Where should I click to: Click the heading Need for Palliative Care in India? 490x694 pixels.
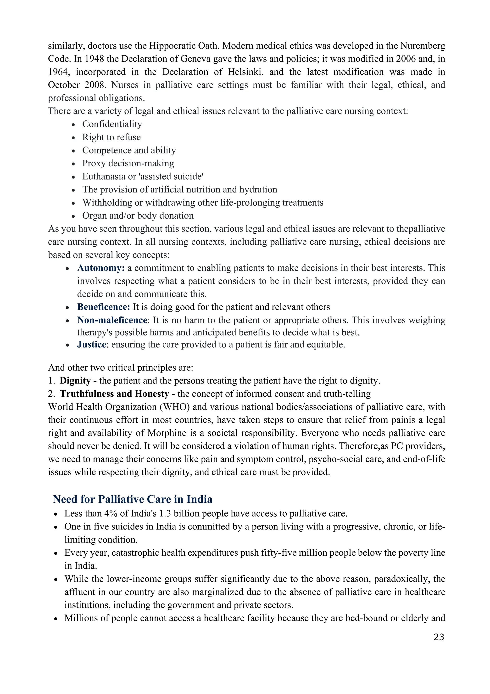132,499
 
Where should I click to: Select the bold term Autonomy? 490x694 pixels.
100,268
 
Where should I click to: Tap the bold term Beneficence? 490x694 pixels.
104,307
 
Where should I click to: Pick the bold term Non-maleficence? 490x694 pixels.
112,320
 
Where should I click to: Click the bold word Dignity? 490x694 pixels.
75,381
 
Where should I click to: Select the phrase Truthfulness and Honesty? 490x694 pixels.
114,394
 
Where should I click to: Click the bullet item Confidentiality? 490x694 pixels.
112,124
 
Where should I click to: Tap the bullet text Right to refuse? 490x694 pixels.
111,137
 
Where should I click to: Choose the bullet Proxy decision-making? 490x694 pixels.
128,163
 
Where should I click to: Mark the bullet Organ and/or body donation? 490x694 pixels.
138,215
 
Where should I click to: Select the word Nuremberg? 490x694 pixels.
423,46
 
